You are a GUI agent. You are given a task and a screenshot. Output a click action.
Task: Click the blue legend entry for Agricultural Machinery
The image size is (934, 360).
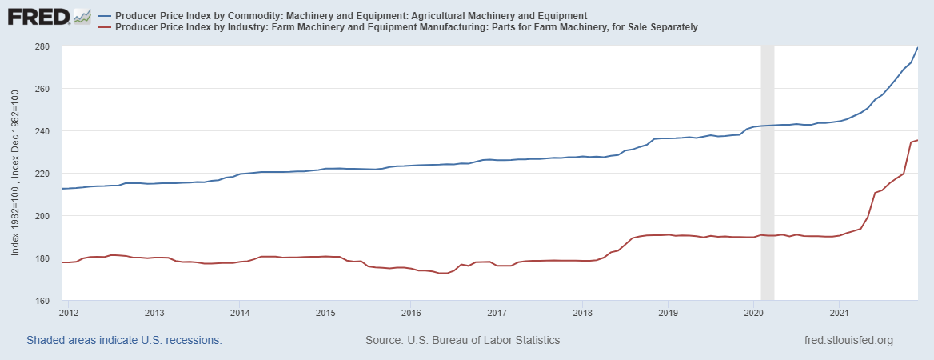[352, 15]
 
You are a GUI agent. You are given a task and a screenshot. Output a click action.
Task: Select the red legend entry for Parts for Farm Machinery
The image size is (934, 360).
[406, 27]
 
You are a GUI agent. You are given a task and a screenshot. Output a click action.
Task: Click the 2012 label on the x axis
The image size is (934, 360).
[68, 311]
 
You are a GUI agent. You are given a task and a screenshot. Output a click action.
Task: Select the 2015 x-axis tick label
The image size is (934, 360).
[325, 311]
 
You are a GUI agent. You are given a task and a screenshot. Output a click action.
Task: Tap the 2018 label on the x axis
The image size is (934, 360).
[582, 311]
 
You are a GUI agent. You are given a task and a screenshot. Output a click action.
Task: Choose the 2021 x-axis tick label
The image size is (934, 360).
[840, 311]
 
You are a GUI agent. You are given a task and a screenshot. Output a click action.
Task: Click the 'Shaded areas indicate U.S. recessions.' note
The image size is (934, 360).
[124, 340]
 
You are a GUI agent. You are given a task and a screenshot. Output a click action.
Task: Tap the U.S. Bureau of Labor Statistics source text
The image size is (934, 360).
[462, 340]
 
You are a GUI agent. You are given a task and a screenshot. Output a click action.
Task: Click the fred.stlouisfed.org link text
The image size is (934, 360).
[848, 340]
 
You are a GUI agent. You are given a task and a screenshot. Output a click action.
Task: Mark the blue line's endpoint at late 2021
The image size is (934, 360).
[917, 48]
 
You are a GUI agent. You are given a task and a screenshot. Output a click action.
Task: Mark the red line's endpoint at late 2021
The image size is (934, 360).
[917, 141]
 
